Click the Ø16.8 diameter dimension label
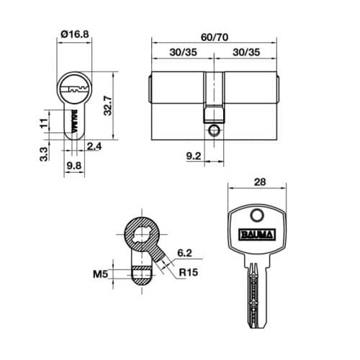click(x=75, y=34)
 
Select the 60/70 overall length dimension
click(x=215, y=37)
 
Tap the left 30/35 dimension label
click(x=183, y=53)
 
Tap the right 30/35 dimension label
click(x=246, y=53)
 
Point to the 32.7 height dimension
click(x=107, y=105)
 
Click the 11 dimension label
click(x=44, y=123)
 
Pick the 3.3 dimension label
click(x=44, y=154)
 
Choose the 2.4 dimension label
click(x=94, y=146)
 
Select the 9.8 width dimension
click(x=74, y=166)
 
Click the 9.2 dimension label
click(x=194, y=156)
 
